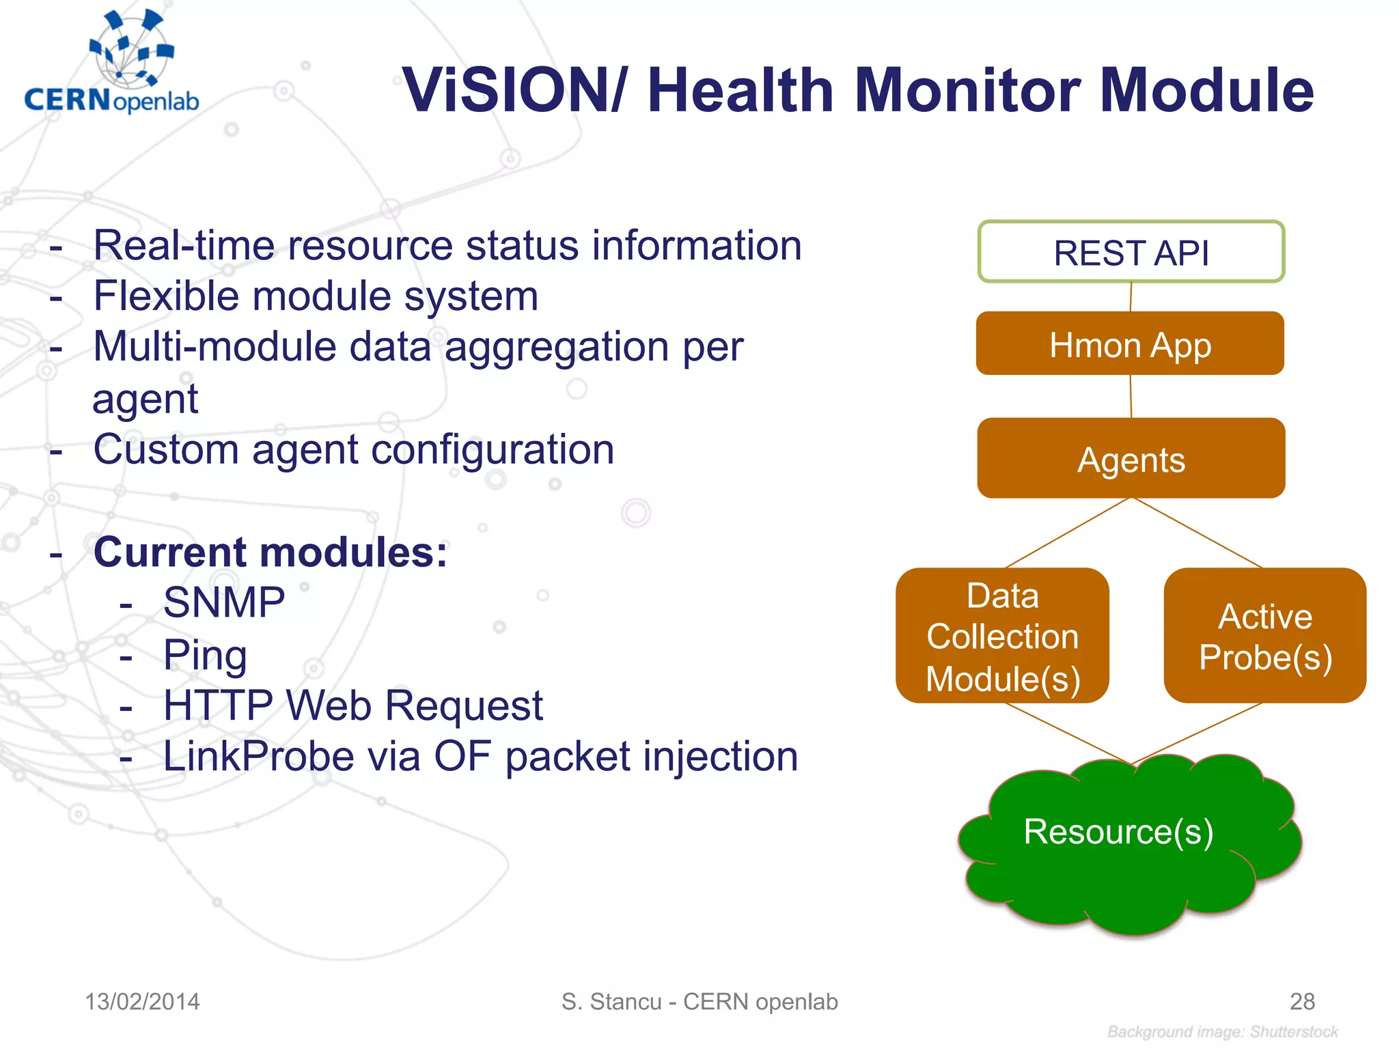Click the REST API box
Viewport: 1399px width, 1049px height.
(1131, 252)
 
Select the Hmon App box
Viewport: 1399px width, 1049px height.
(1130, 344)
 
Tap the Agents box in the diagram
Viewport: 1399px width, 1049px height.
(1131, 458)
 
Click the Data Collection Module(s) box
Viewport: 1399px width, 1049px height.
(1002, 636)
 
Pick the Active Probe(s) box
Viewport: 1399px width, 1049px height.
(1264, 636)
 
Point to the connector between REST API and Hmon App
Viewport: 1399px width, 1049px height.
(1131, 296)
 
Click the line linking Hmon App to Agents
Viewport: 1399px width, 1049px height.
(1131, 396)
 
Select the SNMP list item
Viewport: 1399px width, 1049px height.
(223, 602)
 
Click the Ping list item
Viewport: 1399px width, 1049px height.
(205, 654)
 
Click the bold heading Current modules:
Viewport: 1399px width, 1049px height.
(271, 552)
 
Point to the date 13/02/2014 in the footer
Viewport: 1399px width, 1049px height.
(142, 1001)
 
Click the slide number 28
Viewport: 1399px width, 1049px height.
(1301, 1001)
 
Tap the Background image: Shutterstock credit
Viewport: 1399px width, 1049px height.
(1222, 1031)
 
